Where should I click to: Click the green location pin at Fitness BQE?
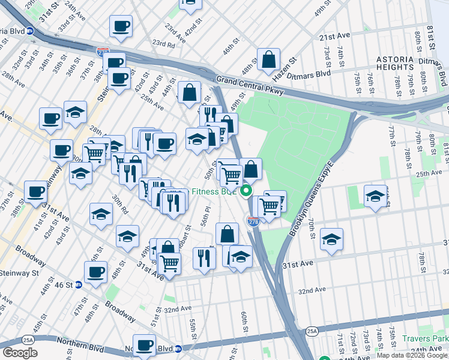point(246,192)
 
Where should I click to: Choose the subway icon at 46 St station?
point(78,285)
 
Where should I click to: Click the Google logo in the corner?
point(20,353)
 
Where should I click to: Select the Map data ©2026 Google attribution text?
point(412,355)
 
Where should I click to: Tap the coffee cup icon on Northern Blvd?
point(144,345)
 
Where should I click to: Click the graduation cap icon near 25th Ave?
point(375,196)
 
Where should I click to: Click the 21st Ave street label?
point(334,37)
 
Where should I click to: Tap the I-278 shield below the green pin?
point(253,221)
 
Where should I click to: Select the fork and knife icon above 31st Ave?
point(204,257)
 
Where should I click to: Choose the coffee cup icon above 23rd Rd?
point(121,26)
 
